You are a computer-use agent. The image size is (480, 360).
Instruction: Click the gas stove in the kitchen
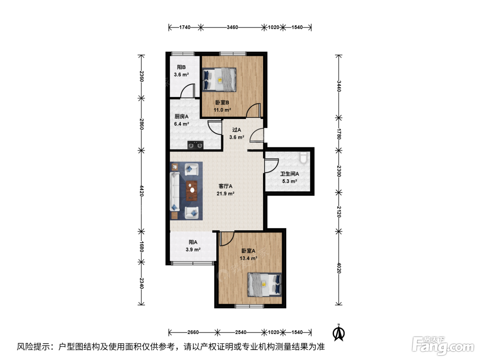pyautogui.click(x=195, y=145)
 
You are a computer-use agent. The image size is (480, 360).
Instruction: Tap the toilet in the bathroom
pyautogui.click(x=303, y=157)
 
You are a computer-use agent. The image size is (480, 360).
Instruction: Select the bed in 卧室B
pyautogui.click(x=219, y=80)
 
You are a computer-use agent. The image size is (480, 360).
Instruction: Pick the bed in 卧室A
pyautogui.click(x=265, y=285)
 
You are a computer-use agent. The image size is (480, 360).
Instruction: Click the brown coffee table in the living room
pyautogui.click(x=192, y=191)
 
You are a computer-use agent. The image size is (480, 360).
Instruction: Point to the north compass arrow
pyautogui.click(x=338, y=333)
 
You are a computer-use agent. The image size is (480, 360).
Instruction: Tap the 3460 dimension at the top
pyautogui.click(x=232, y=27)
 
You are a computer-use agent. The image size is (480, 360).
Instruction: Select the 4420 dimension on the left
pyautogui.click(x=142, y=191)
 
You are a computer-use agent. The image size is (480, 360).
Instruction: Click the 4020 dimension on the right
pyautogui.click(x=339, y=268)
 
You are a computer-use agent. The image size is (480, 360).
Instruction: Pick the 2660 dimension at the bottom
pyautogui.click(x=193, y=333)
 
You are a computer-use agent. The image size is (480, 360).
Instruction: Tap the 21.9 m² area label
pyautogui.click(x=226, y=194)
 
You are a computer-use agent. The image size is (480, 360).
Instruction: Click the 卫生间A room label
pyautogui.click(x=289, y=174)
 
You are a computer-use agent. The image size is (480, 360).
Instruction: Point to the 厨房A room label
pyautogui.click(x=181, y=117)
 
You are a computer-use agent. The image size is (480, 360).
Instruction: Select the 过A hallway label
pyautogui.click(x=237, y=130)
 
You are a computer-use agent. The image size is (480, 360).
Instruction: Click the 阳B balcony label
pyautogui.click(x=181, y=67)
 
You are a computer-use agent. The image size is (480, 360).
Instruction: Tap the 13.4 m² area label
pyautogui.click(x=249, y=259)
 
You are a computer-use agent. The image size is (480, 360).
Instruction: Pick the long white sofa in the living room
pyautogui.click(x=175, y=192)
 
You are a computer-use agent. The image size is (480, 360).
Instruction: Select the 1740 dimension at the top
pyautogui.click(x=185, y=27)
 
